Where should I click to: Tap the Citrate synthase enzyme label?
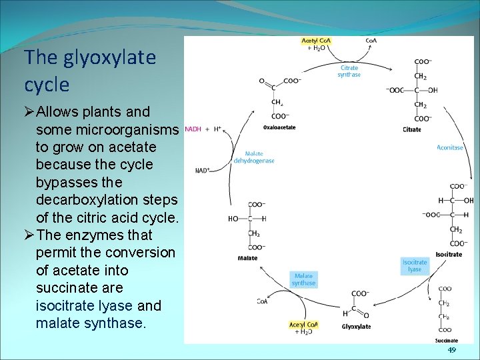click(x=349, y=71)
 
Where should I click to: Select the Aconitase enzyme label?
click(x=450, y=147)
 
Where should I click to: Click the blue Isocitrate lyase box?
click(x=415, y=265)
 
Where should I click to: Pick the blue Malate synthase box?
click(x=304, y=279)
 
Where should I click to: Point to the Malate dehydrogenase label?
click(x=254, y=157)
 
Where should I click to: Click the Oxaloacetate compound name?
click(x=279, y=127)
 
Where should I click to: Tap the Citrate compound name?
click(x=412, y=129)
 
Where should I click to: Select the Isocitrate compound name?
click(x=449, y=255)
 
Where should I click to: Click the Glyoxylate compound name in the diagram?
click(x=356, y=327)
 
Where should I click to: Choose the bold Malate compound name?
click(x=247, y=258)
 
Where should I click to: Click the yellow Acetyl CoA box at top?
click(x=317, y=43)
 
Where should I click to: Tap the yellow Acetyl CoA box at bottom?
click(x=304, y=327)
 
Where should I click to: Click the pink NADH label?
click(x=192, y=129)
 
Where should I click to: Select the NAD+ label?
click(x=203, y=171)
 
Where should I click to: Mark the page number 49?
click(x=451, y=350)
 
